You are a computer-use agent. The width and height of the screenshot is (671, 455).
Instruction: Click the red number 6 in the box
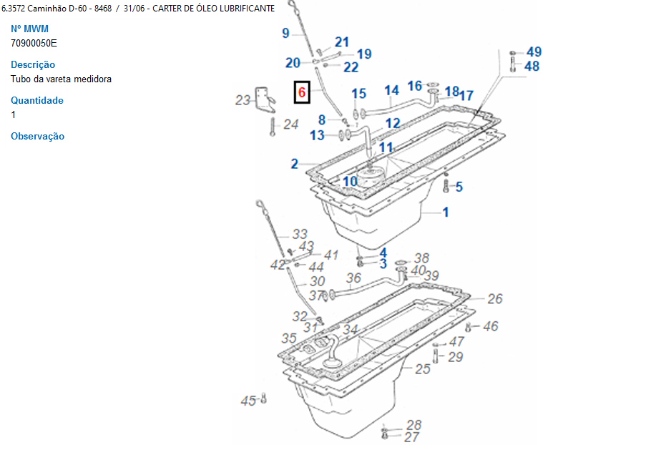pyautogui.click(x=302, y=92)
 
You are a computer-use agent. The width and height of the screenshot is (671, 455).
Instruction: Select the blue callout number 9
pyautogui.click(x=285, y=33)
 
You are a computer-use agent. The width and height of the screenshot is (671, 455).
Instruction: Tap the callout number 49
pyautogui.click(x=534, y=52)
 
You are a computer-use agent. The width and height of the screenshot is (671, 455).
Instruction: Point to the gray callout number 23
pyautogui.click(x=243, y=100)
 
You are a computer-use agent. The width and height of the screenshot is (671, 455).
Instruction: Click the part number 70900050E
pyautogui.click(x=34, y=43)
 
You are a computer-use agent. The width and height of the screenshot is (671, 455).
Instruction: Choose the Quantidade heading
pyautogui.click(x=37, y=100)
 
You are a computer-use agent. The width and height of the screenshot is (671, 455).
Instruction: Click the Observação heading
pyautogui.click(x=37, y=136)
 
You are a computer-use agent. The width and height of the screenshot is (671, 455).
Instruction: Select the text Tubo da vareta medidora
pyautogui.click(x=61, y=79)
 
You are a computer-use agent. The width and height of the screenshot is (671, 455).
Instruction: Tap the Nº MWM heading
pyautogui.click(x=29, y=29)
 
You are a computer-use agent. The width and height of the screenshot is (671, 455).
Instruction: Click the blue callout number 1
pyautogui.click(x=445, y=212)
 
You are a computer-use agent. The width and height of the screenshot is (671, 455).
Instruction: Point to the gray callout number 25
pyautogui.click(x=423, y=369)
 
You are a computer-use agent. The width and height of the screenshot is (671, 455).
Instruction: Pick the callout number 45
pyautogui.click(x=248, y=401)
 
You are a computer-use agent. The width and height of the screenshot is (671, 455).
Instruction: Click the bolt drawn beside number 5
pyautogui.click(x=446, y=187)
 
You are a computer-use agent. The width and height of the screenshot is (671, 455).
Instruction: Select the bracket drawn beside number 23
pyautogui.click(x=266, y=99)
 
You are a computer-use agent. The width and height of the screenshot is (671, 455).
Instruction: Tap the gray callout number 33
pyautogui.click(x=299, y=234)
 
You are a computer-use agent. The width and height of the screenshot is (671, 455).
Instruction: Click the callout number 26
pyautogui.click(x=495, y=299)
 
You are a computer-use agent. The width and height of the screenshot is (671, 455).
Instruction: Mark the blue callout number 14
pyautogui.click(x=391, y=90)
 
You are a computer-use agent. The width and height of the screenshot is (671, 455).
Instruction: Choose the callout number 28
pyautogui.click(x=413, y=425)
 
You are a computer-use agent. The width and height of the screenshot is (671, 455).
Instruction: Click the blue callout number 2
pyautogui.click(x=294, y=164)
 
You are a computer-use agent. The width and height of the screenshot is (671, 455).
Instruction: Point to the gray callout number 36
pyautogui.click(x=353, y=278)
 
